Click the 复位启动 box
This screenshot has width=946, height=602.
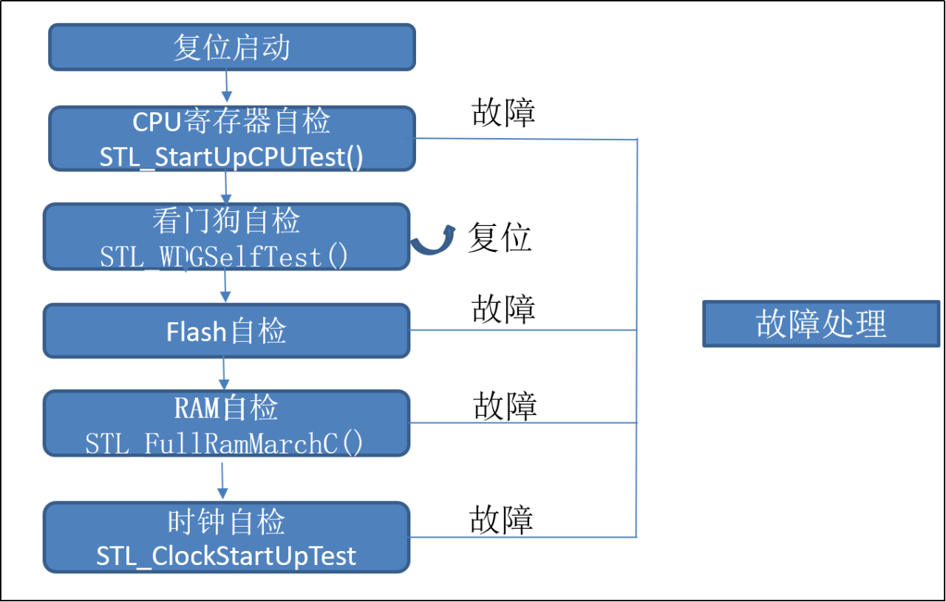[232, 47]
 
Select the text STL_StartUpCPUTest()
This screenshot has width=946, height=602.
[231, 157]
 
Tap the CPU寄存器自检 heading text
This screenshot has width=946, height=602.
[231, 121]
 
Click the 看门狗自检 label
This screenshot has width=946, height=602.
[226, 220]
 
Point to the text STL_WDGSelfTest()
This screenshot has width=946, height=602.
[224, 256]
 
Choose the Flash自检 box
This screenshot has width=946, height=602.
[226, 331]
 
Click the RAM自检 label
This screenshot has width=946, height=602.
[226, 408]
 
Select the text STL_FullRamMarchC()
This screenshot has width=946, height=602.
[224, 443]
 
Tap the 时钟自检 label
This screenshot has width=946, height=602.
[226, 522]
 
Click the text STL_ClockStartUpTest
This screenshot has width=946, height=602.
[226, 556]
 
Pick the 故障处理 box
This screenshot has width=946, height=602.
[821, 324]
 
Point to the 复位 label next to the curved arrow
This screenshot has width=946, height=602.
[500, 237]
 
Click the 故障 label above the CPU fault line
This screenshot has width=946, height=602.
[503, 112]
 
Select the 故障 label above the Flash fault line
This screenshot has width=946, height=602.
[503, 309]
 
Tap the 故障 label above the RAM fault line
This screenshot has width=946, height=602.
[505, 406]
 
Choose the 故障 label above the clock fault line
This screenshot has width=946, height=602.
[501, 520]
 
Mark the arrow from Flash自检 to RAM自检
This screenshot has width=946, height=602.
[224, 374]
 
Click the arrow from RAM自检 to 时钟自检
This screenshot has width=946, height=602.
[222, 481]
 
